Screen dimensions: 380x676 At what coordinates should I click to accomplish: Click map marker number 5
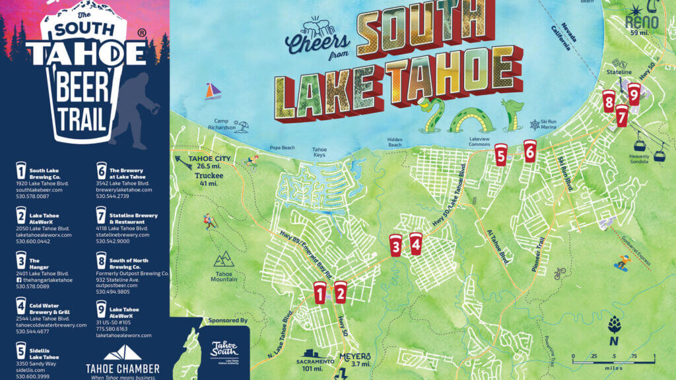500,154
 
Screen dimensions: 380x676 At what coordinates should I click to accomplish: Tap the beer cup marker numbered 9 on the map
634,94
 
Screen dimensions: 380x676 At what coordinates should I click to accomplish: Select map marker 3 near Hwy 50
395,245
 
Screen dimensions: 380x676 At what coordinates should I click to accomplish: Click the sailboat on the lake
212,91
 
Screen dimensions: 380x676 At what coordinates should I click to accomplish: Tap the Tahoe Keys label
320,152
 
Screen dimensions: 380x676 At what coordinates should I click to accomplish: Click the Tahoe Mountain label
224,276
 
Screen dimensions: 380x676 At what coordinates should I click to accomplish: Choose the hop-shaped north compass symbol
614,325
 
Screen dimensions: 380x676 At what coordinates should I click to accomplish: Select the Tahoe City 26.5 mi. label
207,166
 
